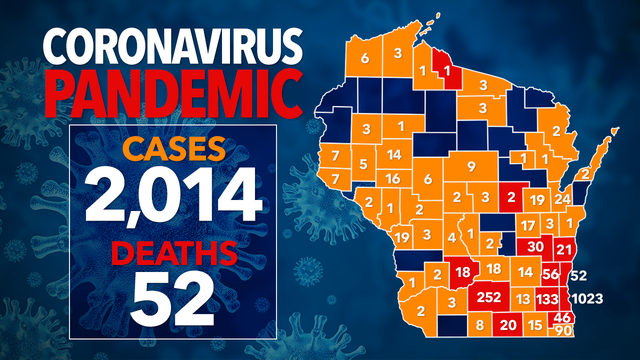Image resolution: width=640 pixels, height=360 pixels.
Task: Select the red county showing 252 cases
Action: (x=490, y=297)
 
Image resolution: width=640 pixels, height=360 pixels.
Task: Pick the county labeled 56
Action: (x=550, y=273)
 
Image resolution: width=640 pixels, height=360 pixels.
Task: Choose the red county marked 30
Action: (x=535, y=247)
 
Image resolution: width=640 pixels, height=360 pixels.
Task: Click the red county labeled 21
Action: (x=564, y=249)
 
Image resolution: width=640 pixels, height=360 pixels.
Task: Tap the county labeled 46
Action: (x=561, y=318)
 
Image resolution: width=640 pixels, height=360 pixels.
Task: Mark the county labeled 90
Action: (x=563, y=331)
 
